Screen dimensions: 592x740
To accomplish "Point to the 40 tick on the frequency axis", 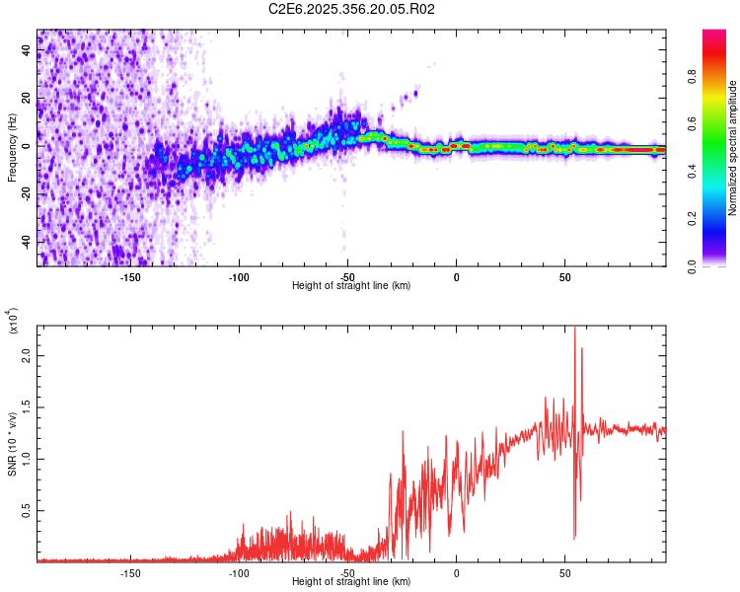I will tap(26, 51).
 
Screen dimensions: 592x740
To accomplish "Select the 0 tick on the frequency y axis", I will tap(28, 146).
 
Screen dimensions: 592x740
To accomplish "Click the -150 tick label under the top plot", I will tap(129, 277).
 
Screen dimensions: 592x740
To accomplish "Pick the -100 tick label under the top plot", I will tap(238, 277).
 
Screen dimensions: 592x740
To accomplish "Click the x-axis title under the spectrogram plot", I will tap(351, 286).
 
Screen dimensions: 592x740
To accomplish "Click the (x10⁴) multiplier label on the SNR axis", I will tap(12, 322).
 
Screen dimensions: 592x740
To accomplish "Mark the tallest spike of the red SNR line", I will tap(574, 330).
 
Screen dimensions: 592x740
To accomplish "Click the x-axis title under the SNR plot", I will tap(351, 582).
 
